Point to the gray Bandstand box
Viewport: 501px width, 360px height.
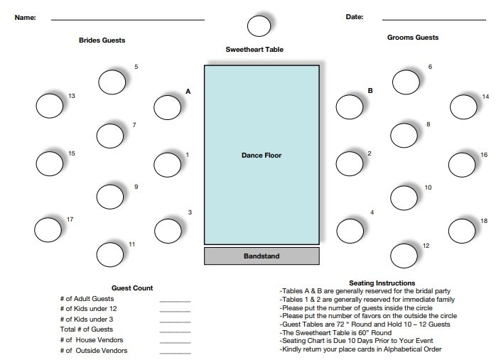(x=262, y=256)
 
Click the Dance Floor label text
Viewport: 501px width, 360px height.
(x=262, y=156)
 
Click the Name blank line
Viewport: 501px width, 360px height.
(x=128, y=20)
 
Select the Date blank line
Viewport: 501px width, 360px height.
(x=434, y=20)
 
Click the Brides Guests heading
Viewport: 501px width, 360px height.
(x=102, y=40)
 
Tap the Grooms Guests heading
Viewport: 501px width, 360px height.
(x=413, y=38)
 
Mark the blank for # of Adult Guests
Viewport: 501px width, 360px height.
(x=175, y=301)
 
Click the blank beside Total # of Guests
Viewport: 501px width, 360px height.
(x=175, y=332)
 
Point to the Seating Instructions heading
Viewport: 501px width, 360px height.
(x=382, y=283)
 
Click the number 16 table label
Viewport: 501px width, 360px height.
(x=484, y=155)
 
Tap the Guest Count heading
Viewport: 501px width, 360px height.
(x=132, y=288)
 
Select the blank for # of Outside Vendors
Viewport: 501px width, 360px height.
(x=175, y=353)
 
